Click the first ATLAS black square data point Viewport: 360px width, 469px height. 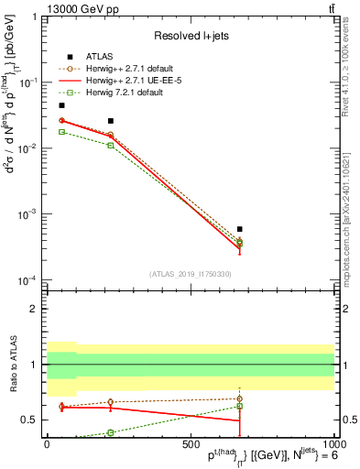[61, 106]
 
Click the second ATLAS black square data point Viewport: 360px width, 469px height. [111, 121]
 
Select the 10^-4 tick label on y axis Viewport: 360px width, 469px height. [28, 280]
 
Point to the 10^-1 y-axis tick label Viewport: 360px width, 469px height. [28, 82]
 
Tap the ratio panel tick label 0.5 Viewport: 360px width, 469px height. [29, 420]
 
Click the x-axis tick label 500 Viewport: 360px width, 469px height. [191, 444]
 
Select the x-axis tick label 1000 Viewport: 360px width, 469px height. [331, 444]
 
